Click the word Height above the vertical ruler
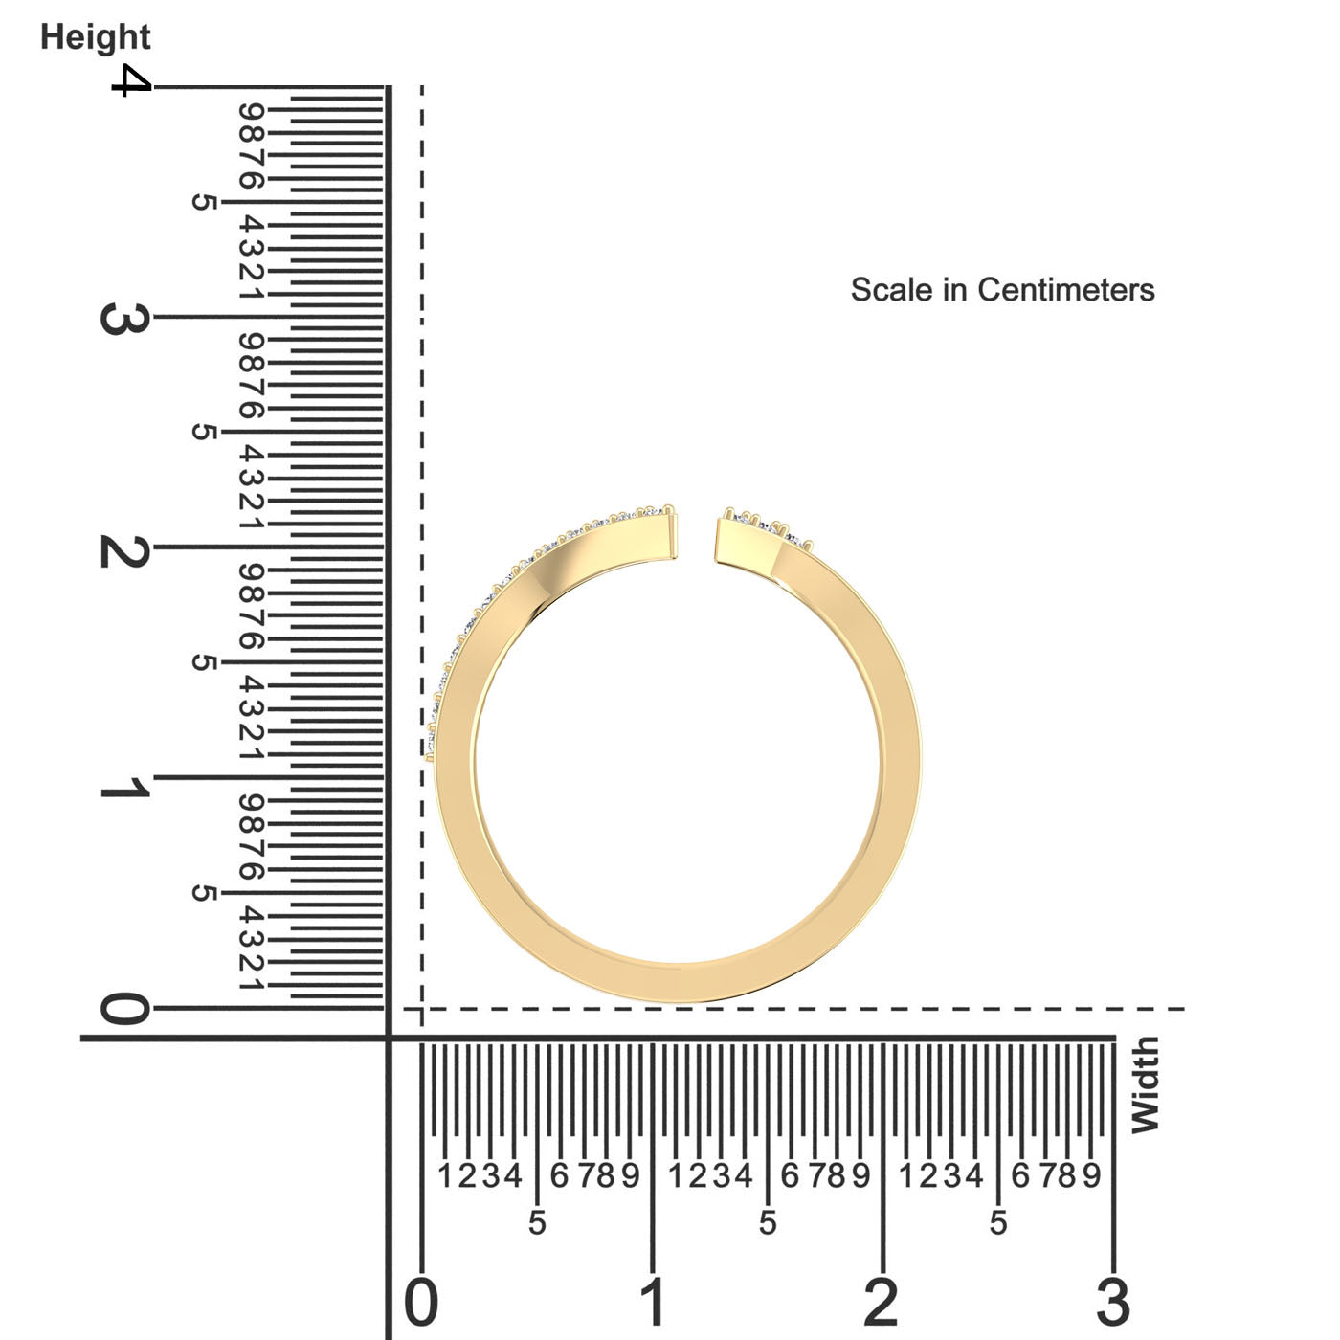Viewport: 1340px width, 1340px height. (96, 37)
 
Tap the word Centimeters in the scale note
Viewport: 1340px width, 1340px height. (1066, 289)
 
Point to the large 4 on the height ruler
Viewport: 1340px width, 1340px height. (132, 80)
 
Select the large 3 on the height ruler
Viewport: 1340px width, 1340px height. (125, 319)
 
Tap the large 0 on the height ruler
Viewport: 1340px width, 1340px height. (125, 1009)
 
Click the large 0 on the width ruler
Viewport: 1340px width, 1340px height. (421, 1302)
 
